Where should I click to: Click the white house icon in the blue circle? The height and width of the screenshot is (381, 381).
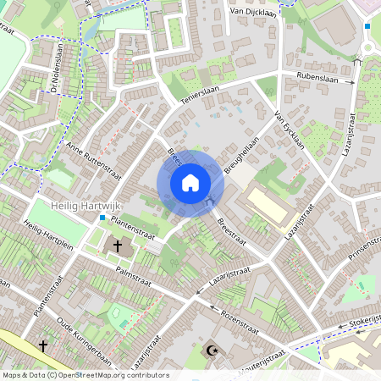(x=190, y=183)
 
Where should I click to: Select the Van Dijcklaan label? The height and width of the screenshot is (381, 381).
(x=253, y=12)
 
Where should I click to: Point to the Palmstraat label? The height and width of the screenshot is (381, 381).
(x=132, y=273)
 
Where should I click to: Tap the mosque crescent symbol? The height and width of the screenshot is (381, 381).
(x=212, y=349)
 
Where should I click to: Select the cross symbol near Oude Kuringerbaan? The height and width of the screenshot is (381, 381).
(x=42, y=345)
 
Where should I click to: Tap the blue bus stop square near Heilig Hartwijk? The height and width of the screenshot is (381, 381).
(x=102, y=218)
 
